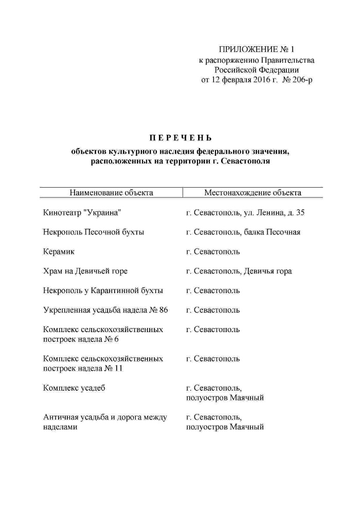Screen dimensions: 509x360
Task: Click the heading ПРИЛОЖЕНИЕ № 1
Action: [x=257, y=50]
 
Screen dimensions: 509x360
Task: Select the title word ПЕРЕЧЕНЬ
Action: [x=180, y=138]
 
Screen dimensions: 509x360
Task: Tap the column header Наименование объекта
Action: [x=112, y=193]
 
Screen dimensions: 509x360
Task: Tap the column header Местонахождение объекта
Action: [x=253, y=193]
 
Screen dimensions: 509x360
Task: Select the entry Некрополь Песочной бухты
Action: [x=94, y=232]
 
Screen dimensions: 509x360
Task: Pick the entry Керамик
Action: [x=59, y=251]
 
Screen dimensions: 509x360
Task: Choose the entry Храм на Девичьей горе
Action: [x=85, y=271]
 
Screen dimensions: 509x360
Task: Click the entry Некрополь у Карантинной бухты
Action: [x=103, y=290]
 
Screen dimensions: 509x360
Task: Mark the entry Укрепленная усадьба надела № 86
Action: [x=105, y=310]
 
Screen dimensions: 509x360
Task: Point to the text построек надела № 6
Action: [x=81, y=339]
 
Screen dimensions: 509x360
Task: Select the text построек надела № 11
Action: [x=83, y=369]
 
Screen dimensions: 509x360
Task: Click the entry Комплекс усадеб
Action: [x=75, y=388]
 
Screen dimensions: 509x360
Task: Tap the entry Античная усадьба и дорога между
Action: [x=105, y=417]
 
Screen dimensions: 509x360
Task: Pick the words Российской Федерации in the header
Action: [x=257, y=70]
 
